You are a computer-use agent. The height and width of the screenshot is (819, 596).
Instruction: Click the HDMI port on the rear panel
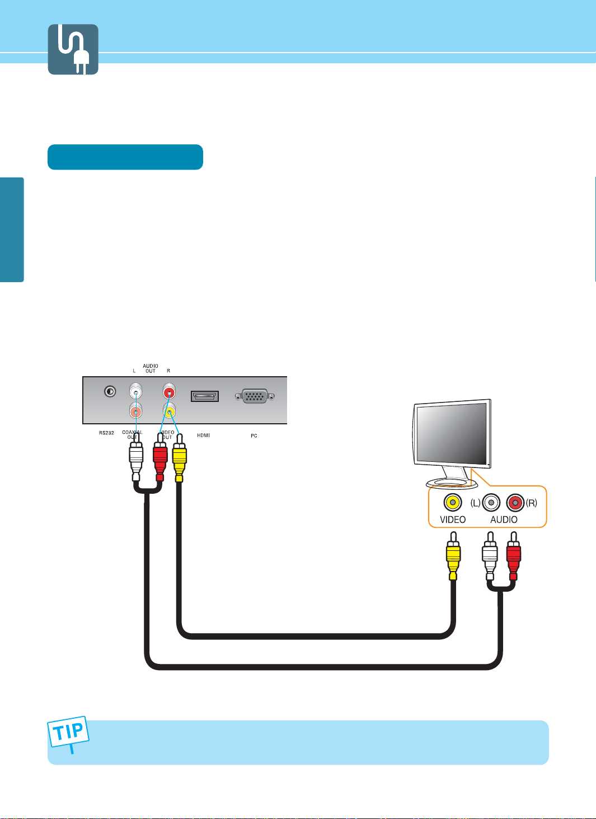click(x=205, y=396)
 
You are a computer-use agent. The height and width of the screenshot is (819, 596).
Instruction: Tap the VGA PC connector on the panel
click(x=255, y=396)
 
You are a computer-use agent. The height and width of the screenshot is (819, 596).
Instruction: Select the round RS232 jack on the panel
click(x=110, y=391)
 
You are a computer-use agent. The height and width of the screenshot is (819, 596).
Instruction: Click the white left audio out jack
click(x=135, y=390)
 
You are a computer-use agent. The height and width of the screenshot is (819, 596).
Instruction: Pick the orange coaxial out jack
click(x=135, y=411)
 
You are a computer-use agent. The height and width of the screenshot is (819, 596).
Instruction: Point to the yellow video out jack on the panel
click(x=168, y=411)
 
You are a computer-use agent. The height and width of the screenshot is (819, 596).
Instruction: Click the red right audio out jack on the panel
click(x=168, y=390)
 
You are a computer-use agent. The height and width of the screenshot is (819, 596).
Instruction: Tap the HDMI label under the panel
click(x=203, y=436)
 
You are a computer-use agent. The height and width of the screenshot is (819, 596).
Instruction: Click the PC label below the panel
click(x=254, y=436)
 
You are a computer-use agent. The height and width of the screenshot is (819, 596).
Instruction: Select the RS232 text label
click(x=106, y=433)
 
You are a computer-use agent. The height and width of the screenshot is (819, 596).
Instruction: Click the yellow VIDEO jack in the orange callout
click(x=452, y=502)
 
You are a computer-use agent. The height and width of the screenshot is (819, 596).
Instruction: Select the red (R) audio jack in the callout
click(x=515, y=502)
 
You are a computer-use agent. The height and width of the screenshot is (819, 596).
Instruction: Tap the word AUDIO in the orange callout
click(x=504, y=520)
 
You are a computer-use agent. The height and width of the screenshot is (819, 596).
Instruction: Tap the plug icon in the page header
click(x=73, y=49)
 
